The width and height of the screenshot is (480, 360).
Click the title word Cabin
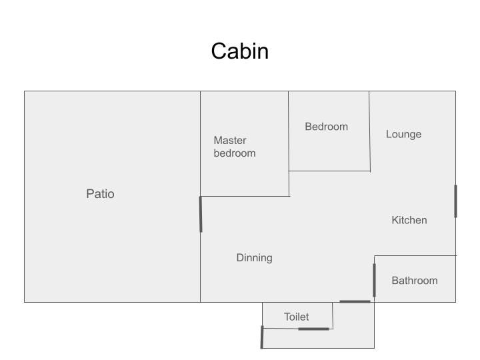pyautogui.click(x=240, y=51)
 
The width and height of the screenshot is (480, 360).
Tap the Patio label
pyautogui.click(x=100, y=194)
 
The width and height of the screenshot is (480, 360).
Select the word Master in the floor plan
pyautogui.click(x=230, y=140)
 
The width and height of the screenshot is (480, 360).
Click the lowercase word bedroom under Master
pyautogui.click(x=234, y=153)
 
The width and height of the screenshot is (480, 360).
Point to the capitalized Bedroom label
pyautogui.click(x=326, y=127)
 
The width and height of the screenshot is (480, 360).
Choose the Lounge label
pyautogui.click(x=403, y=134)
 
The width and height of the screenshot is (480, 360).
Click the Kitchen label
pyautogui.click(x=409, y=220)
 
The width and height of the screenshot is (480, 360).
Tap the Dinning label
pyautogui.click(x=254, y=258)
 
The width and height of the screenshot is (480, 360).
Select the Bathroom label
pyautogui.click(x=414, y=281)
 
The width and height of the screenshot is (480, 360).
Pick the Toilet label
pyautogui.click(x=296, y=317)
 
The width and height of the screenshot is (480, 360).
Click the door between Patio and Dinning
pyautogui.click(x=201, y=214)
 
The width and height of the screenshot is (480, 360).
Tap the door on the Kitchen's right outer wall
pyautogui.click(x=455, y=201)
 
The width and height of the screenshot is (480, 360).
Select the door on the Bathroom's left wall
pyautogui.click(x=374, y=280)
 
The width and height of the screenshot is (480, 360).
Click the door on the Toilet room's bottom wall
pyautogui.click(x=313, y=329)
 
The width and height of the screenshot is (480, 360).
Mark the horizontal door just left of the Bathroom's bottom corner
pyautogui.click(x=355, y=302)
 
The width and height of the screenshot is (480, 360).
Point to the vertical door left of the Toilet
pyautogui.click(x=262, y=337)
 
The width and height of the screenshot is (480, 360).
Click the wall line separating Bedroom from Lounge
pyautogui.click(x=369, y=131)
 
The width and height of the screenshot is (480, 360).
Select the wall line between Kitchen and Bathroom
pyautogui.click(x=415, y=255)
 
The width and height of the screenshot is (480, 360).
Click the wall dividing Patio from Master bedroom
pyautogui.click(x=201, y=143)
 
